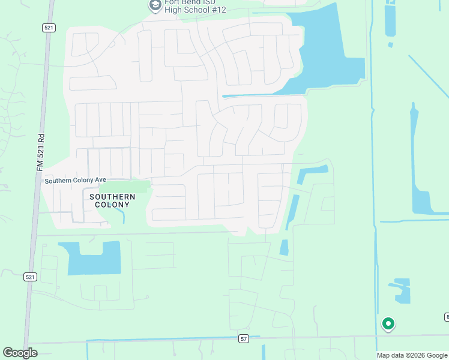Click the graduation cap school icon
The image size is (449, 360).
[155, 5]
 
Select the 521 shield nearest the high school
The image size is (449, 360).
[49, 28]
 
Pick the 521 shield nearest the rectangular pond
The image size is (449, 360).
[31, 277]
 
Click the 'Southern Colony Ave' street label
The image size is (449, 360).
[75, 181]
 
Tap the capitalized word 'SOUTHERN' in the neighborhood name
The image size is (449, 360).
[112, 197]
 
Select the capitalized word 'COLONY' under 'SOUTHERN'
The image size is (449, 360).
[112, 205]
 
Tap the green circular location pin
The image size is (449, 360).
[388, 324]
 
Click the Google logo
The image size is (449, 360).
[20, 353]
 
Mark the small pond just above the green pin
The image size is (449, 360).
[400, 290]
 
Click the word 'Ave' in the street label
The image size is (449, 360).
[100, 181]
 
